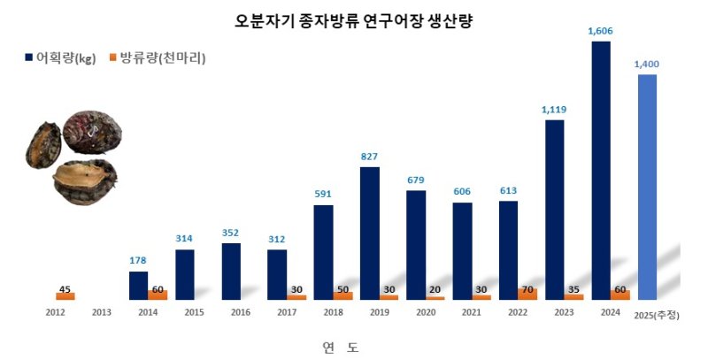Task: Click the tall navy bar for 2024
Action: pos(600,168)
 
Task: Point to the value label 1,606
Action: pos(600,31)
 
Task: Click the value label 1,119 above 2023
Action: pos(554,110)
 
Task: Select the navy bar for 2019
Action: pos(369,233)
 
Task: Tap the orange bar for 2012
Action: pos(65,296)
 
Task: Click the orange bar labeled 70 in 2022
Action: pos(527,294)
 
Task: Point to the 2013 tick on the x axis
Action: pos(100,312)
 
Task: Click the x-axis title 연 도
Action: pos(340,347)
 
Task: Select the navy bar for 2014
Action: pos(138,285)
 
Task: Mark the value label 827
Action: pos(369,157)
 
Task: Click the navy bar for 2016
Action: pos(231,271)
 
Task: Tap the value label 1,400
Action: pos(646,65)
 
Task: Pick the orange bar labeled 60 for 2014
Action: pos(158,295)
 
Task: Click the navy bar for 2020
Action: pos(416,244)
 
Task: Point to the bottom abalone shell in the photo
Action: pos(86,181)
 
